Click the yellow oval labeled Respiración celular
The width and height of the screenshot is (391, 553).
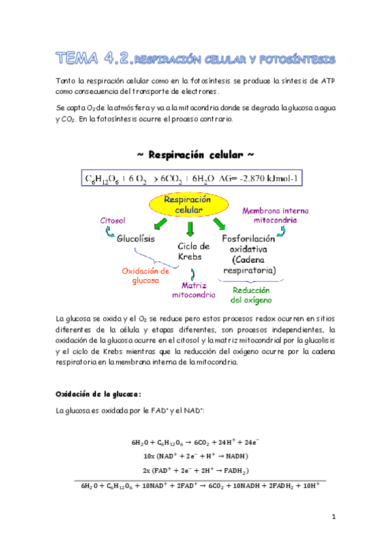tap(190, 205)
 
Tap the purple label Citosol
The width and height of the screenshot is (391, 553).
tap(112, 220)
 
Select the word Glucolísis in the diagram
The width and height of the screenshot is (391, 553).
tap(136, 239)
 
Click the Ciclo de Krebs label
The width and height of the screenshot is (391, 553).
tap(194, 252)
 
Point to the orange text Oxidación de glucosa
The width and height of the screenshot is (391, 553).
tap(146, 275)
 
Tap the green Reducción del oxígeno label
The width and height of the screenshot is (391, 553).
tap(251, 295)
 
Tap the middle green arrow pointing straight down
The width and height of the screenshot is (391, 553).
tap(191, 229)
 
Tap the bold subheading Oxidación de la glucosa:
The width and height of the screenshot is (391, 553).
tap(98, 395)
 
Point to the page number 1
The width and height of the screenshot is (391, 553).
tap(333, 518)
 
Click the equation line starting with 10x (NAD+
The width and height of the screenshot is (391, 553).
tap(195, 456)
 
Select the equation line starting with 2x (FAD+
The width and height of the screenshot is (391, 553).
tap(196, 470)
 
